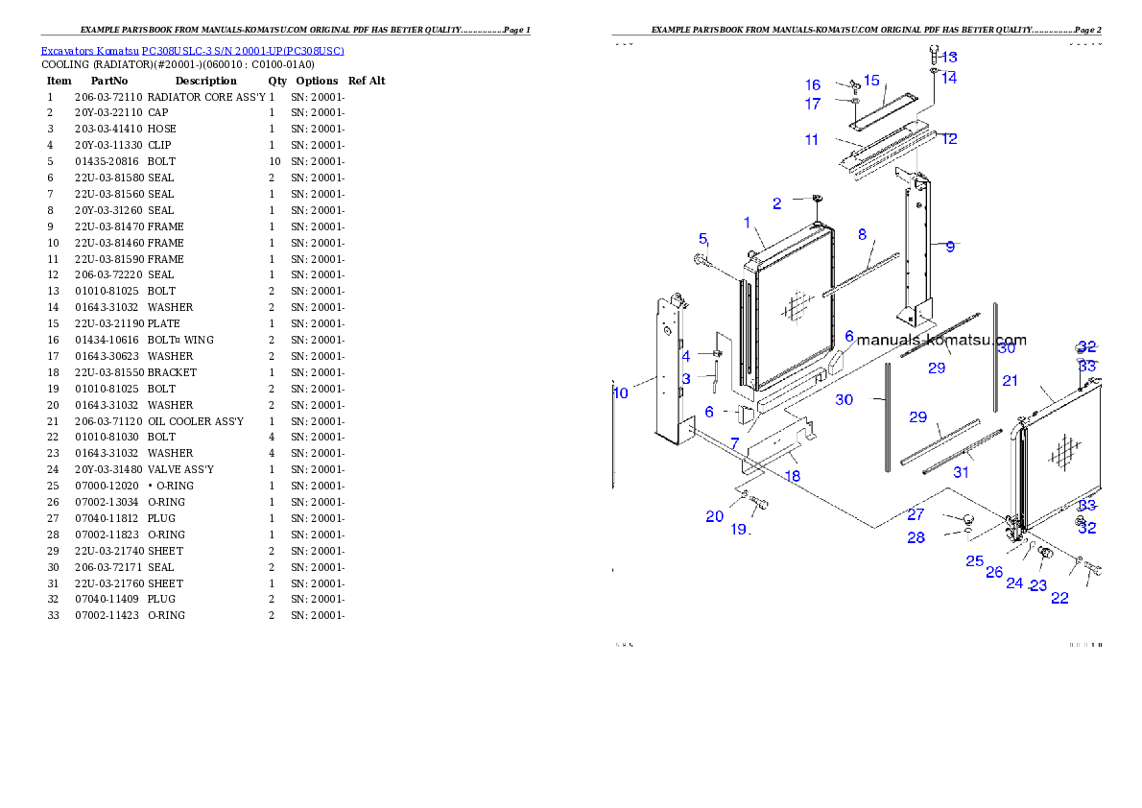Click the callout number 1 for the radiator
(x=747, y=223)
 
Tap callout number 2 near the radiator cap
(x=777, y=203)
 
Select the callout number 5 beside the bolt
(x=702, y=239)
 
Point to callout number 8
(x=862, y=234)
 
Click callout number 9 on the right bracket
(x=950, y=247)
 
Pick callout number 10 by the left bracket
(x=621, y=392)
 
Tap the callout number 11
(x=812, y=140)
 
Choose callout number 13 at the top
(x=949, y=58)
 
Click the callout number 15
(x=871, y=81)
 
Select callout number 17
(x=813, y=104)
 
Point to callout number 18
(x=793, y=475)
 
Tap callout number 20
(x=715, y=516)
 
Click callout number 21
(x=1011, y=381)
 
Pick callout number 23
(x=1038, y=585)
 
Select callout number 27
(x=916, y=515)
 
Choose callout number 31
(x=962, y=472)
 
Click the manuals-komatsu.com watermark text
(x=940, y=340)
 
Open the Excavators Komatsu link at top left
(x=192, y=51)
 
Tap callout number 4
(x=686, y=356)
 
